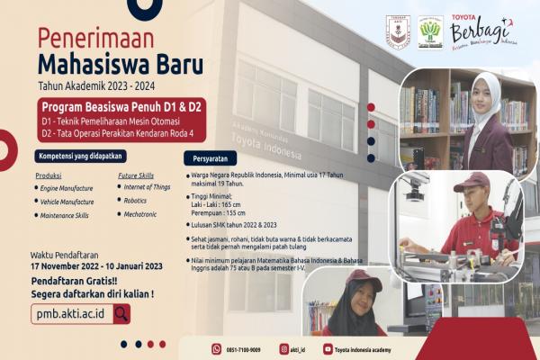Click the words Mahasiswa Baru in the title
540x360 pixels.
(107, 66)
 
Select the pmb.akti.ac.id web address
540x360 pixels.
(71, 313)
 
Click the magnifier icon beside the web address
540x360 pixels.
(121, 313)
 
